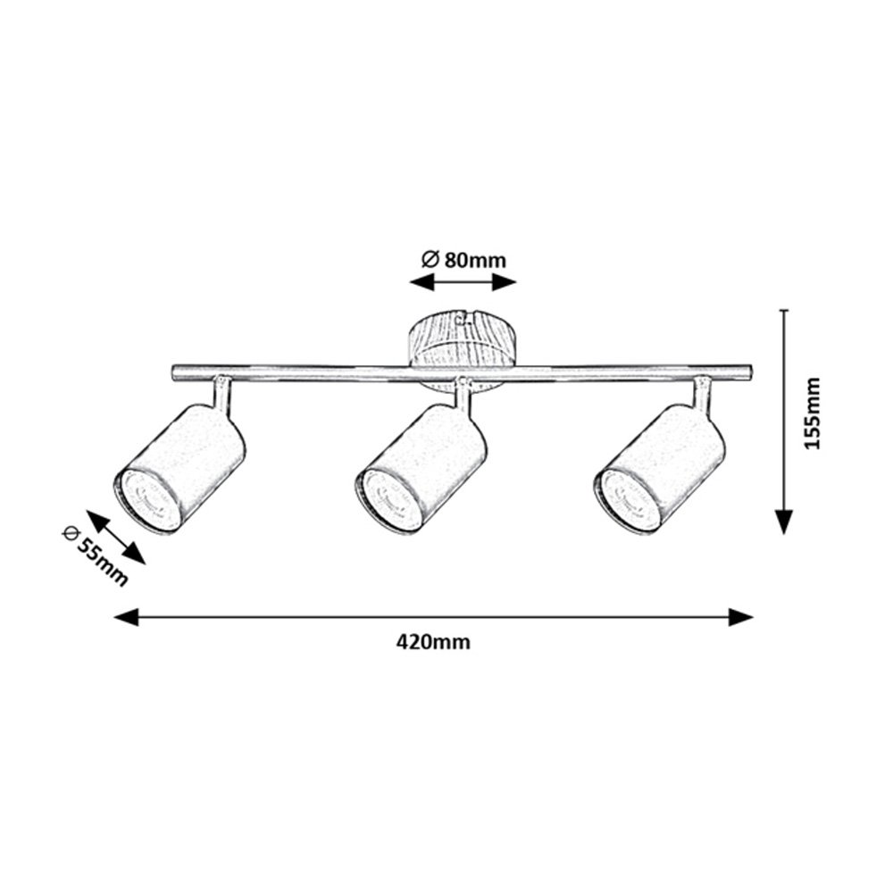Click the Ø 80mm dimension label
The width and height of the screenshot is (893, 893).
click(x=463, y=260)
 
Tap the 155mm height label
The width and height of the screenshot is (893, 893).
click(x=813, y=413)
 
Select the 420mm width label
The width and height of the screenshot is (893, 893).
click(x=433, y=642)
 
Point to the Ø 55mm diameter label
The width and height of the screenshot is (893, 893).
click(x=95, y=556)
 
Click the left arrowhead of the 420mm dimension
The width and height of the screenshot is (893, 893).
click(x=127, y=617)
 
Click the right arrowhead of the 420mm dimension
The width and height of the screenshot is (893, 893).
click(x=741, y=617)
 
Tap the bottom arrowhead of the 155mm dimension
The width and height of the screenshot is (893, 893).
click(x=784, y=522)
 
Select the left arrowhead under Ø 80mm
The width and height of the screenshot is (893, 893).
click(x=422, y=281)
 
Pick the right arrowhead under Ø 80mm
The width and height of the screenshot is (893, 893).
click(x=504, y=281)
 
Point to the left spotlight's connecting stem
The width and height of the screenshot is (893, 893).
click(x=222, y=392)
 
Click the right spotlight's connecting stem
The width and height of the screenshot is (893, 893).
click(x=702, y=392)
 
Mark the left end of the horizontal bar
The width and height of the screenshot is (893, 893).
click(x=172, y=373)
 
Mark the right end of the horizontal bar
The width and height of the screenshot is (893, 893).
click(x=751, y=373)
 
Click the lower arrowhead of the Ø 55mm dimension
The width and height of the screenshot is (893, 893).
click(x=135, y=554)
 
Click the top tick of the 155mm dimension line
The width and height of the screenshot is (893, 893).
click(x=784, y=311)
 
